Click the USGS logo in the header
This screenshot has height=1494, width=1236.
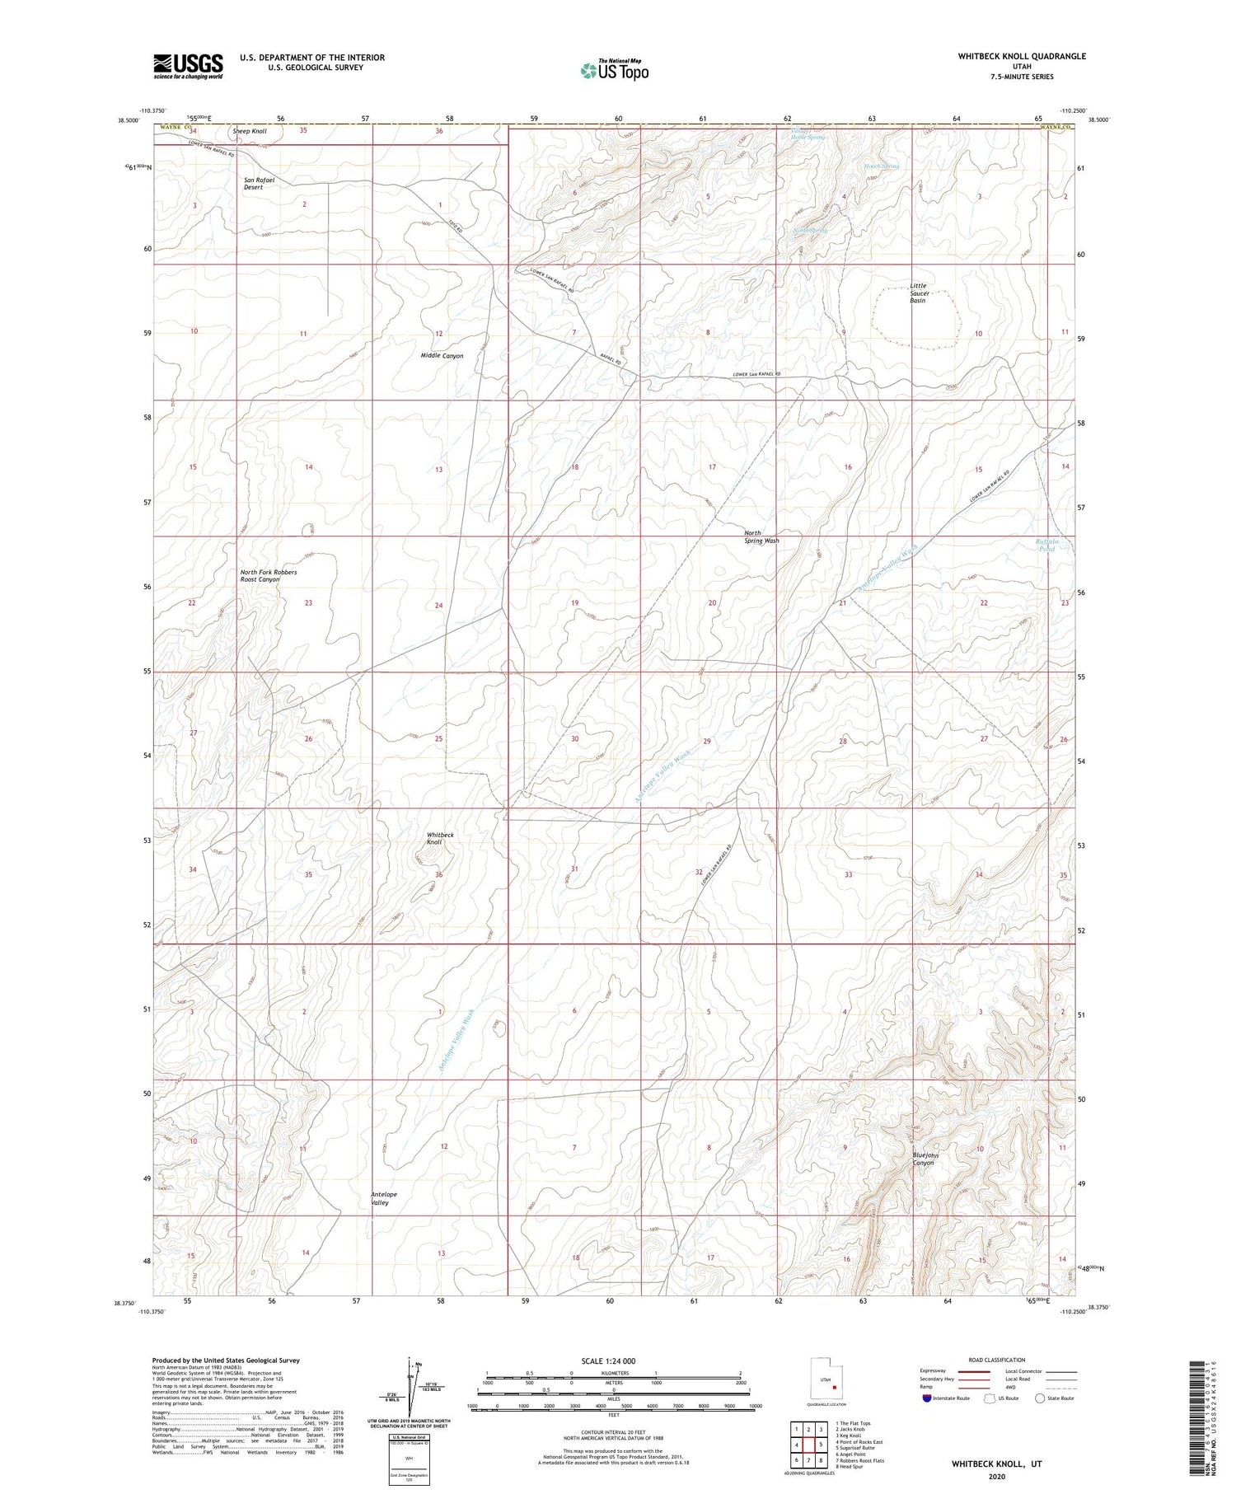click(188, 66)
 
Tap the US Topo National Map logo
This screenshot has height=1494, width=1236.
click(614, 70)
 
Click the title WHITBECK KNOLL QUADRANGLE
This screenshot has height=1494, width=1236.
click(1021, 56)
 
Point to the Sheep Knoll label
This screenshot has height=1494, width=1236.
click(250, 131)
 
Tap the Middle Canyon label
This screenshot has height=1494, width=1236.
click(442, 356)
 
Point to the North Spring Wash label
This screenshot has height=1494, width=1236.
click(761, 536)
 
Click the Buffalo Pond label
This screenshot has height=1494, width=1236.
click(1046, 545)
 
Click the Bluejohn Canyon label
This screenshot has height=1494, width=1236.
click(925, 1159)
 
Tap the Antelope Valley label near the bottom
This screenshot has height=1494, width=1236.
click(383, 1198)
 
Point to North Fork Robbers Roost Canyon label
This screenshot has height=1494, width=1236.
click(268, 575)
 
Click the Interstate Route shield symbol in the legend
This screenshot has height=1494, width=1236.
click(928, 1398)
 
